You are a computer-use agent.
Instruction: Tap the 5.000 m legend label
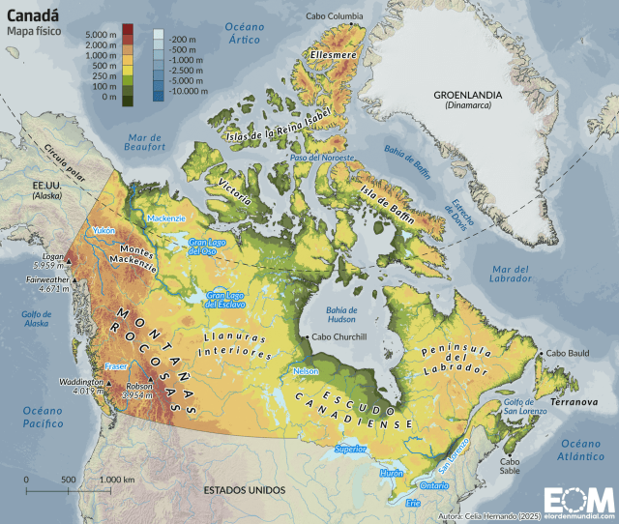(x=100, y=35)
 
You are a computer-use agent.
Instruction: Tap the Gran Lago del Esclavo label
(x=224, y=300)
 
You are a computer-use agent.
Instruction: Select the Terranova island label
(x=572, y=400)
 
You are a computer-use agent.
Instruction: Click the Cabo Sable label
(x=510, y=467)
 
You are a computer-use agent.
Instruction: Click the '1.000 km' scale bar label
(x=117, y=480)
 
